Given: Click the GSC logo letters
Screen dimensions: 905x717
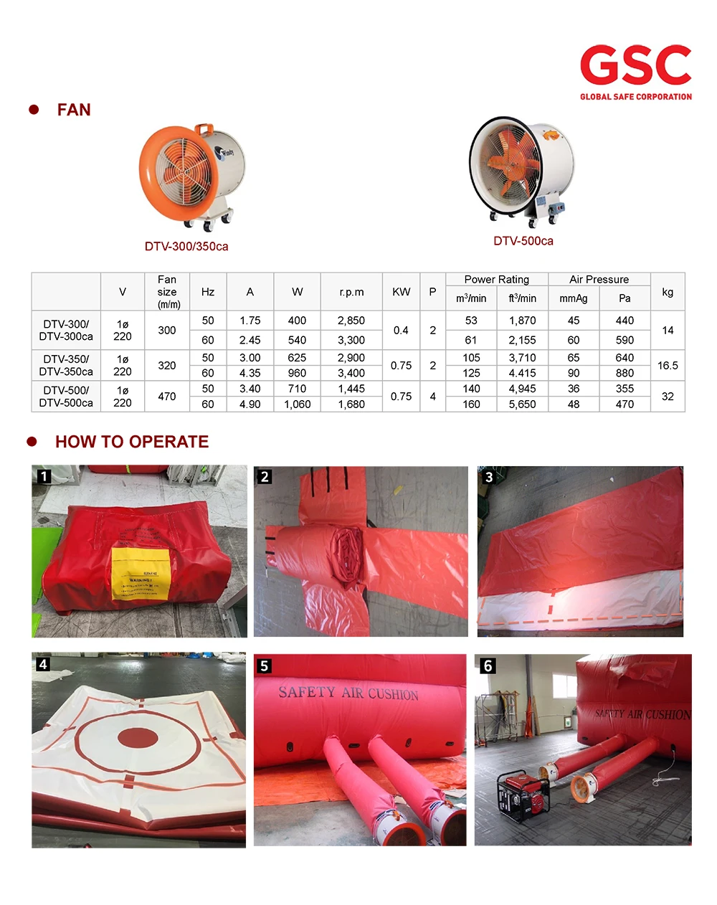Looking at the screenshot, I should tap(635, 65).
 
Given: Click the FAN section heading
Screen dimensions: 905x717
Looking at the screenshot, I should tap(74, 110).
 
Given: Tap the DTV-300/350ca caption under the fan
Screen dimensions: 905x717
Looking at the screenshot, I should tap(186, 247).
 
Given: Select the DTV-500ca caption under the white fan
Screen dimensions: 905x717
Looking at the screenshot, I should tap(523, 241).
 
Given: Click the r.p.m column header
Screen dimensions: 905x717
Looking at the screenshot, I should tap(351, 292).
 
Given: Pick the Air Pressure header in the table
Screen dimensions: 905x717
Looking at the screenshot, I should tap(599, 279).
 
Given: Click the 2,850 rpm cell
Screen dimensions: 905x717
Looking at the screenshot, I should tap(351, 321).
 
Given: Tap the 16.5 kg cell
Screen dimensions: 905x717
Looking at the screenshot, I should tap(668, 366).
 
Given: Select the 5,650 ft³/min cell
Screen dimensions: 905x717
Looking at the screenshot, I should tap(522, 404).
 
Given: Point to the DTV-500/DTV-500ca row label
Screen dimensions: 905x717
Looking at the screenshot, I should tap(66, 397).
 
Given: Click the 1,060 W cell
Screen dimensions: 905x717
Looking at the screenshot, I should tap(297, 404).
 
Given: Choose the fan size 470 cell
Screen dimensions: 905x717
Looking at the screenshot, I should tap(167, 397).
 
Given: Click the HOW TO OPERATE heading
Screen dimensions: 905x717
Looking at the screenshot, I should tap(132, 442).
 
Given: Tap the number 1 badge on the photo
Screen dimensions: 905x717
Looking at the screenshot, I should tap(44, 476).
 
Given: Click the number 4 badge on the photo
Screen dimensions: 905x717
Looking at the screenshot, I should tap(43, 664).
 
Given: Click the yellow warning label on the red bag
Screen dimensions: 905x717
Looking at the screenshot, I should tap(140, 574).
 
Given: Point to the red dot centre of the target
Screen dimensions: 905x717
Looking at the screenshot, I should tap(137, 737).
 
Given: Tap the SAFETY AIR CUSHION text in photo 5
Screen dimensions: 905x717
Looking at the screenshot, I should tap(348, 693).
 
